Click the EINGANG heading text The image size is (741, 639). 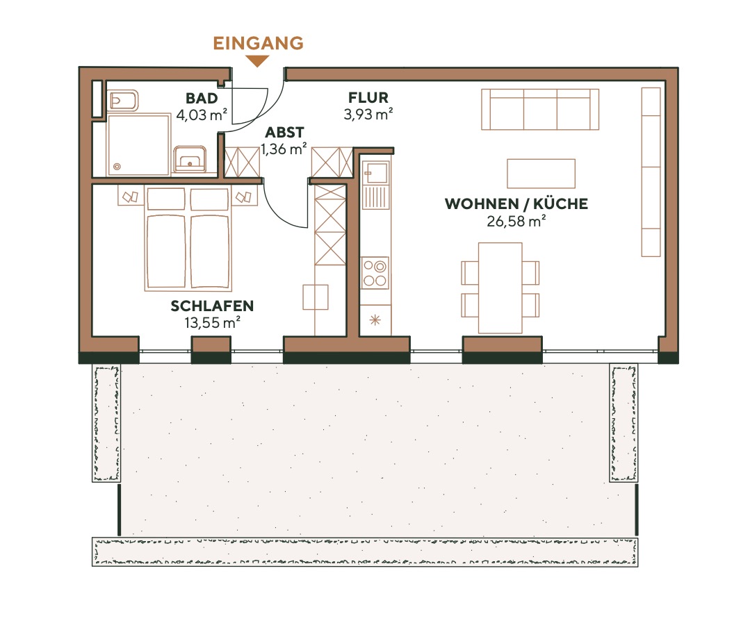click(258, 43)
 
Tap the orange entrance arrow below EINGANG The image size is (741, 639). click(258, 62)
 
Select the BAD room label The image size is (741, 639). click(202, 99)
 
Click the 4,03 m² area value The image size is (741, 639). click(202, 115)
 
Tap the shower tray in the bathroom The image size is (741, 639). click(138, 145)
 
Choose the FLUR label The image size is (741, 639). click(368, 99)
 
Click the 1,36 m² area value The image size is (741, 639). click(284, 148)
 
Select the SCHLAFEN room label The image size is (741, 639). click(212, 306)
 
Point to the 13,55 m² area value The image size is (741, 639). click(212, 322)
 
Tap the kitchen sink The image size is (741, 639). click(375, 183)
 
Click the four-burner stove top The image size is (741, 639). click(375, 273)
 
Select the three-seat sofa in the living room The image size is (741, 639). click(540, 109)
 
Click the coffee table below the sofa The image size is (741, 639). click(541, 174)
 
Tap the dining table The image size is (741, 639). click(500, 288)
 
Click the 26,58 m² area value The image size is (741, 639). click(516, 222)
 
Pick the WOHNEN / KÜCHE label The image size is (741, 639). click(516, 204)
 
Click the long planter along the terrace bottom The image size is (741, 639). click(365, 551)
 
